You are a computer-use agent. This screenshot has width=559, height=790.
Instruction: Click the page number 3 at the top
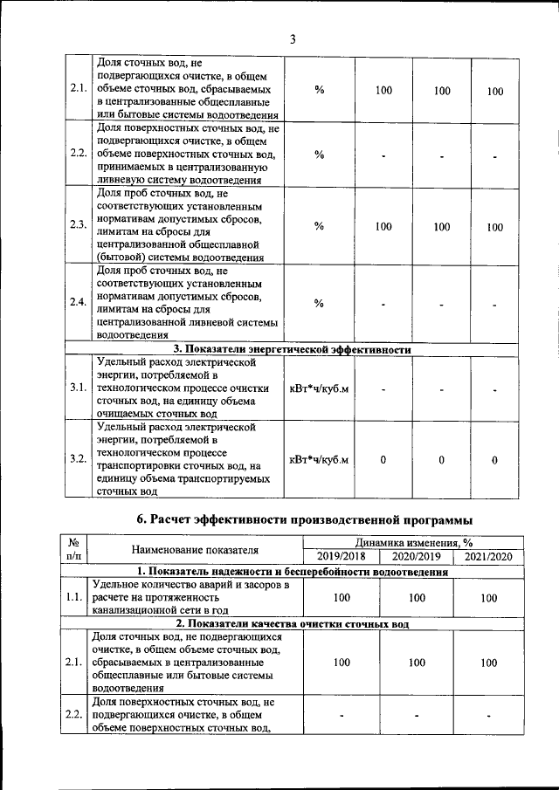(293, 38)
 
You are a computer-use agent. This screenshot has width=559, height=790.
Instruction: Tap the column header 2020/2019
(416, 556)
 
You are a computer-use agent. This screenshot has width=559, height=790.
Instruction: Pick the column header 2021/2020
(488, 556)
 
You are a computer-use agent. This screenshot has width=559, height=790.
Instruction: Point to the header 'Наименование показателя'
(196, 550)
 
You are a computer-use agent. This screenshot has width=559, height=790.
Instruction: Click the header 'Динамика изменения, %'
(415, 543)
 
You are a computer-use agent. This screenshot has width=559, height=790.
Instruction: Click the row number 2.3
(78, 225)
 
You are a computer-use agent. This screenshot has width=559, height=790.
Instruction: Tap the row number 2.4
(78, 302)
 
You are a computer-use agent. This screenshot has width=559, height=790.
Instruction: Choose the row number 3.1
(78, 388)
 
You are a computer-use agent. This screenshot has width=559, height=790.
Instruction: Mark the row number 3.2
(78, 459)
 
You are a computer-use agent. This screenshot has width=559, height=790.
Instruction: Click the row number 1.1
(73, 598)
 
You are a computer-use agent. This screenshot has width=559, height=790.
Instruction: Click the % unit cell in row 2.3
(319, 226)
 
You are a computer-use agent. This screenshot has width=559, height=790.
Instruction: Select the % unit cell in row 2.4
(319, 303)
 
